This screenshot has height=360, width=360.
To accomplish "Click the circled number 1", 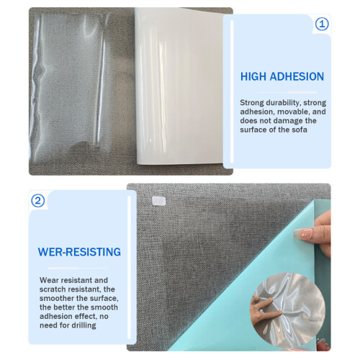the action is (x=322, y=24).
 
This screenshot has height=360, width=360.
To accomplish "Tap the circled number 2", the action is (x=38, y=201).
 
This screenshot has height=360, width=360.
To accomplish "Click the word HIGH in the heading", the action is (x=253, y=76).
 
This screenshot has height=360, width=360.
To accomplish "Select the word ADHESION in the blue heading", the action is (x=297, y=76).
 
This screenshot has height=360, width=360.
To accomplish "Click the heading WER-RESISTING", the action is (x=79, y=252).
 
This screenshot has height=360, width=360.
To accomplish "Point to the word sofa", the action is (x=300, y=130).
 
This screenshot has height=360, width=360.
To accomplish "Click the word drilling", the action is (x=84, y=325).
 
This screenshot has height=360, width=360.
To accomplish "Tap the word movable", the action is (x=292, y=112).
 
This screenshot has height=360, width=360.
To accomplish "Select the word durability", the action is (x=283, y=103).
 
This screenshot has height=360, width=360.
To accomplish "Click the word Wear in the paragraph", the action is (x=49, y=280).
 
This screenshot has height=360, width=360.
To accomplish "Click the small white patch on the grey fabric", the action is (x=158, y=201).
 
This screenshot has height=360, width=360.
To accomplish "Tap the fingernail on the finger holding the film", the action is (x=303, y=233).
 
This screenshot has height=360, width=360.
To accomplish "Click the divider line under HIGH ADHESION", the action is (x=288, y=92).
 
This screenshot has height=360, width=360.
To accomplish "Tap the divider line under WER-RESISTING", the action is (x=77, y=269).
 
